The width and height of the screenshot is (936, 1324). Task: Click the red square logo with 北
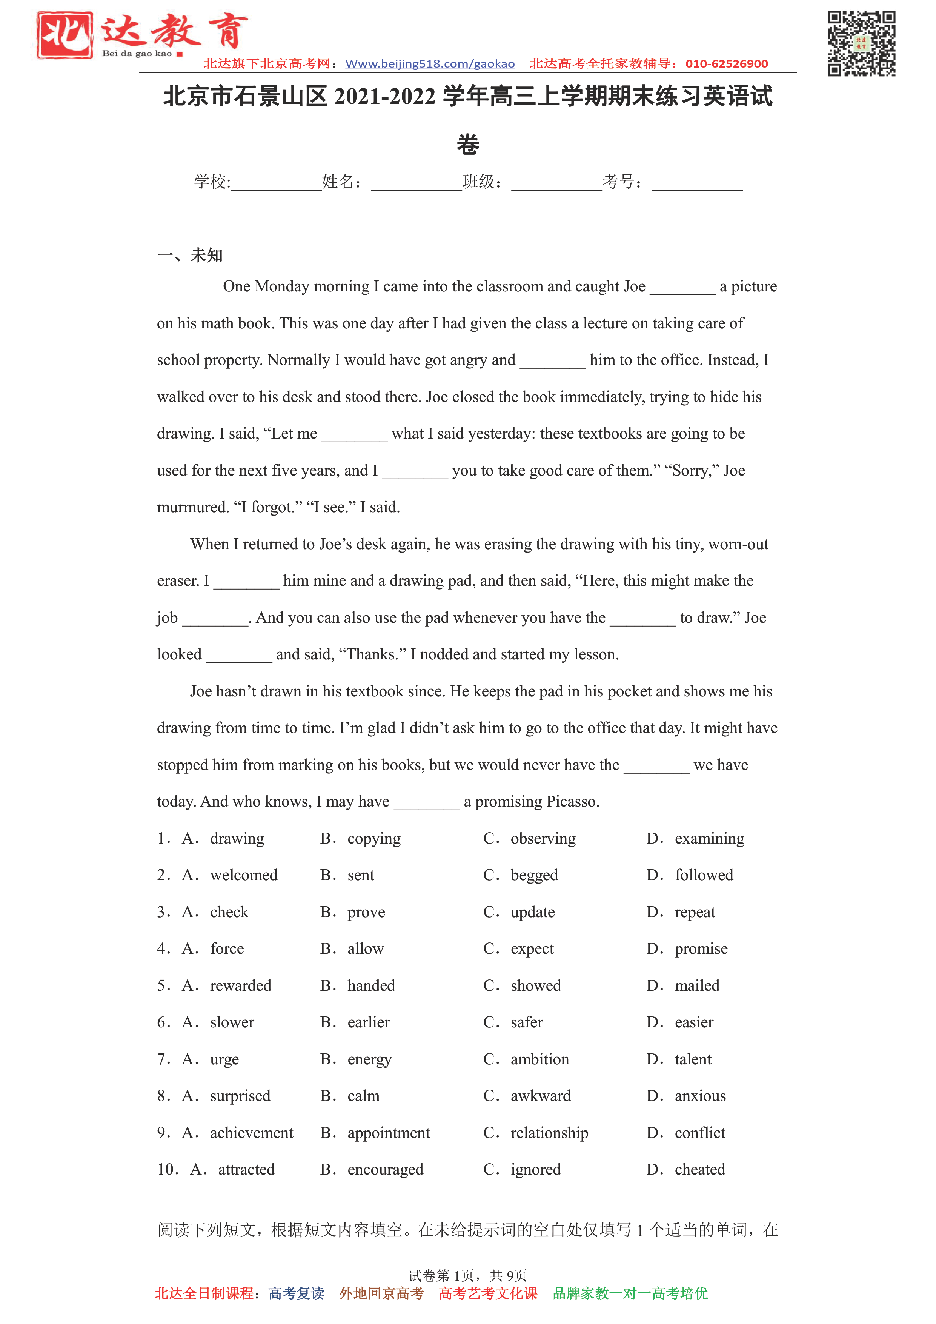65,35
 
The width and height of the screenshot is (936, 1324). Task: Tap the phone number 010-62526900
726,64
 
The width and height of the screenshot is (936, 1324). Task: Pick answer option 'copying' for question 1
373,839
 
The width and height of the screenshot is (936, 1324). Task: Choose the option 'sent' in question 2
361,875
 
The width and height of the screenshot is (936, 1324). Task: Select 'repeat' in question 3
695,912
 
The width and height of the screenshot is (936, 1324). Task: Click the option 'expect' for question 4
532,949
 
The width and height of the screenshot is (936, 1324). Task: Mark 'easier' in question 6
694,1022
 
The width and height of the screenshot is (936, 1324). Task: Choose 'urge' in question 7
224,1059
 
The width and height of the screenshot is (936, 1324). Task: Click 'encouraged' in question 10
385,1170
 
